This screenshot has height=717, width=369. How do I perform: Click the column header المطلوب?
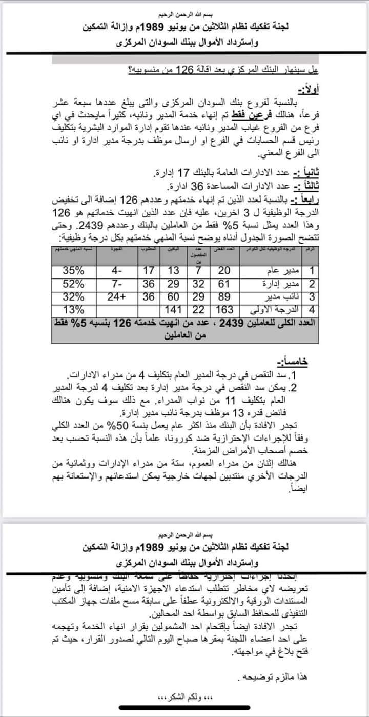tap(149, 249)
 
